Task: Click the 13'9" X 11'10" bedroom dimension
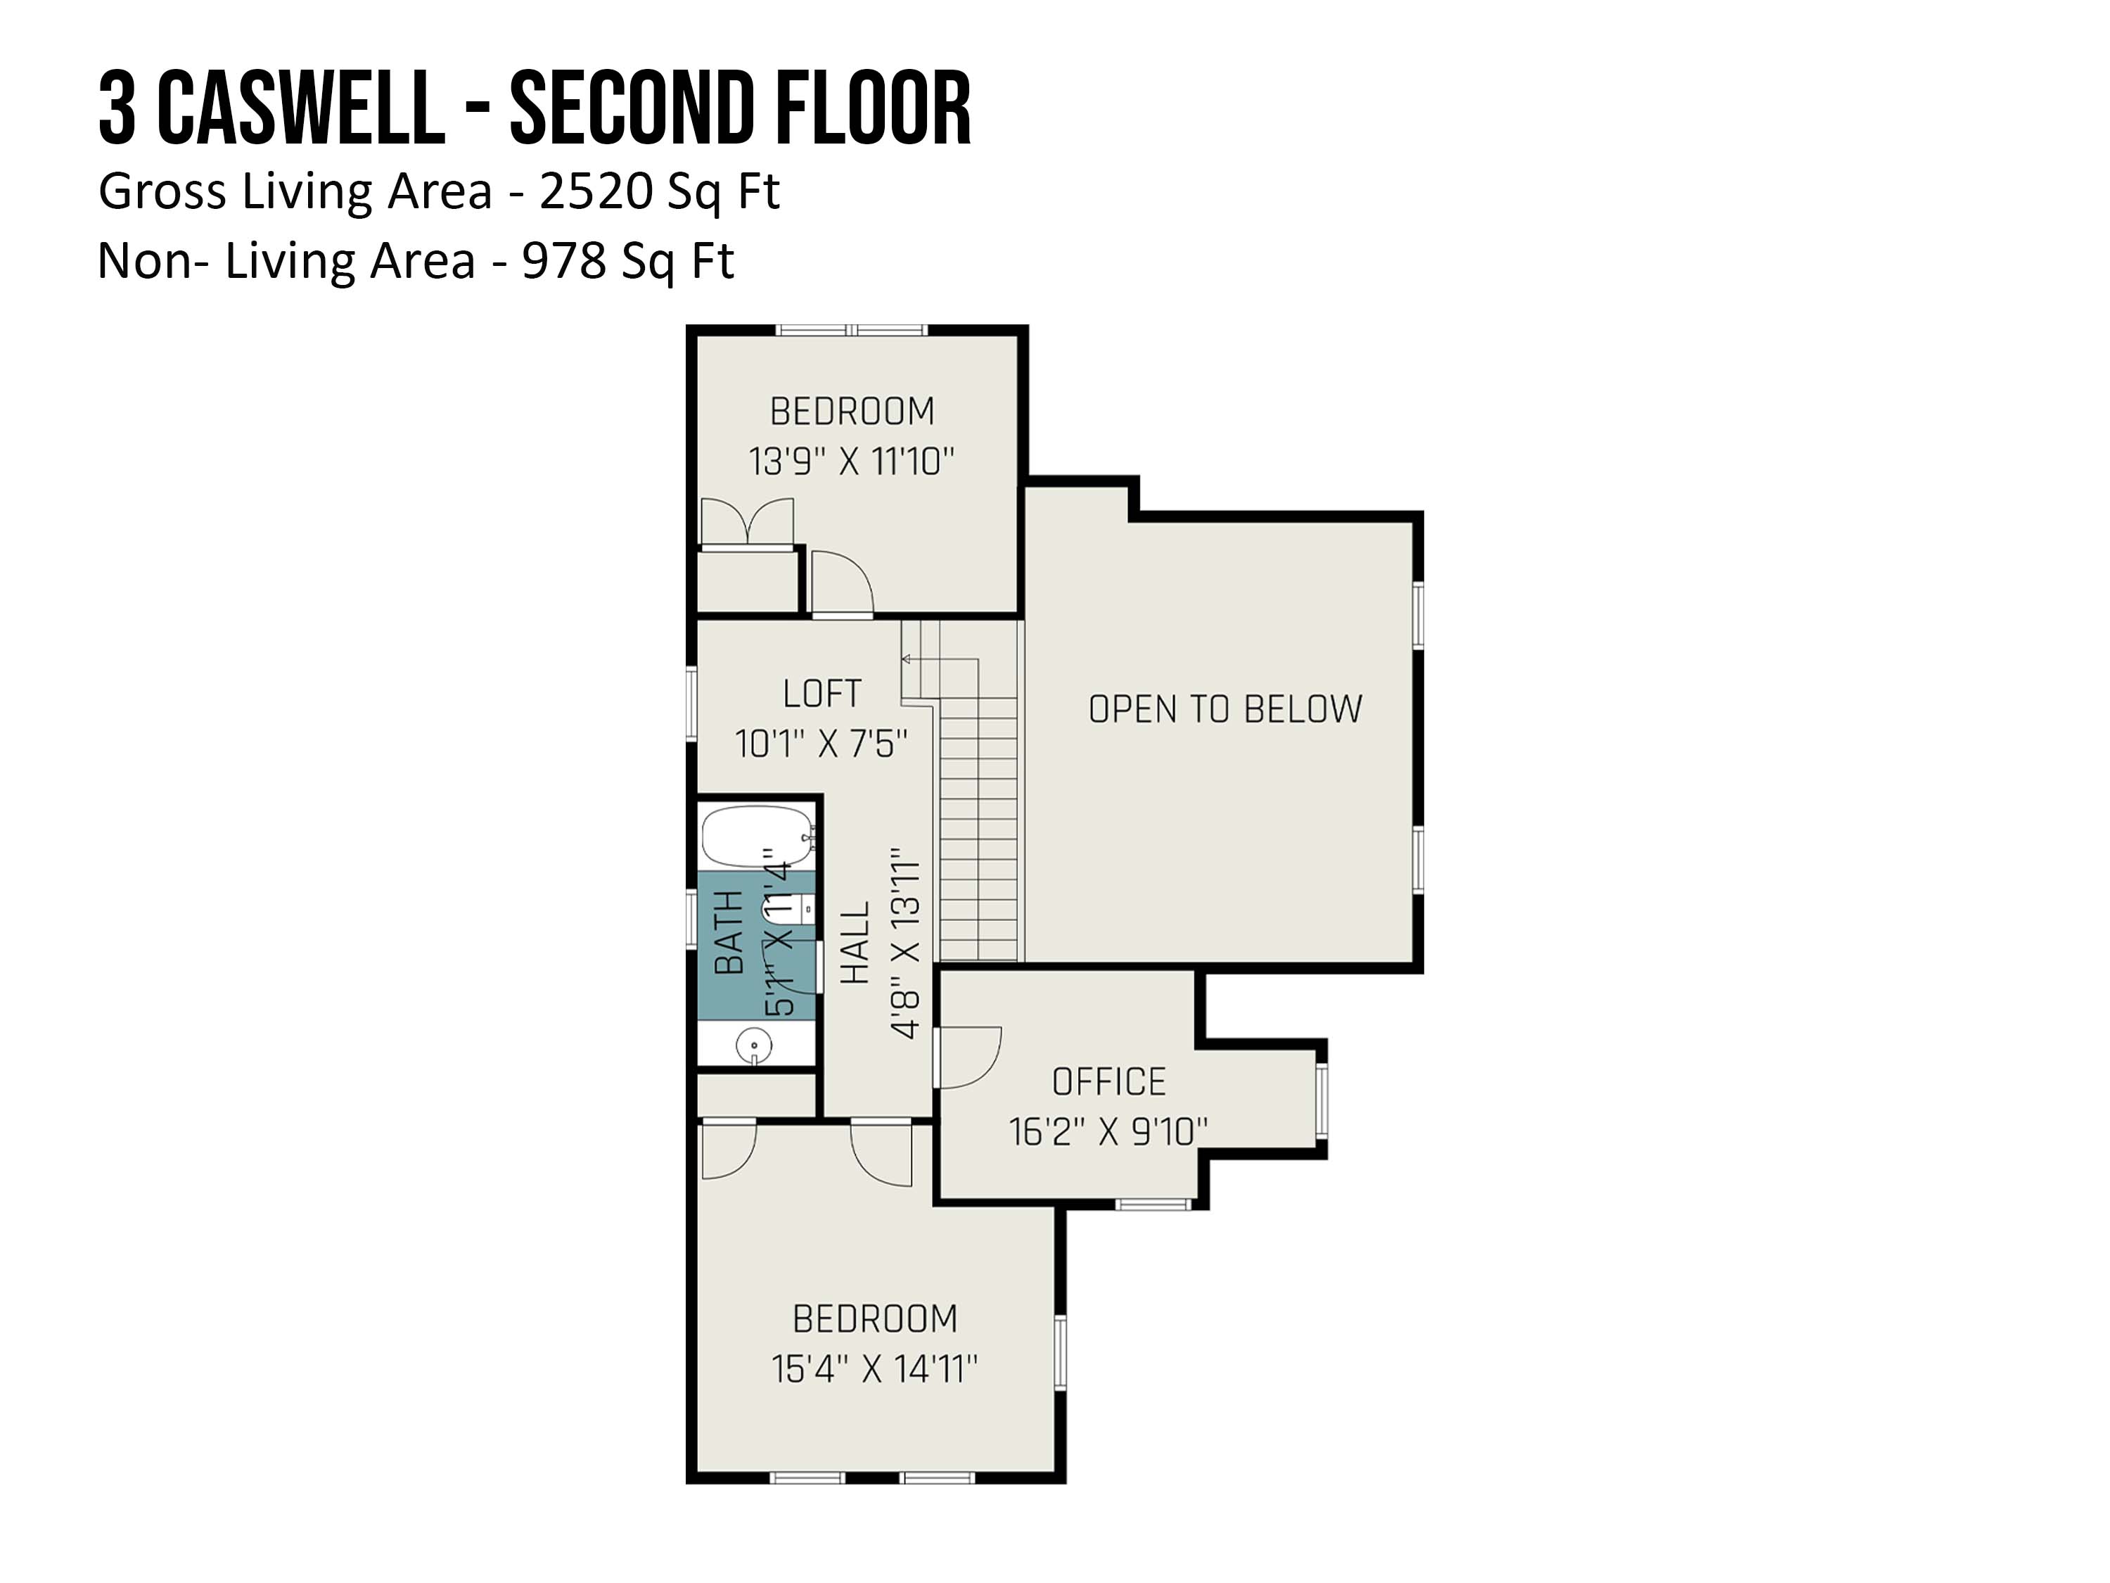[x=852, y=462]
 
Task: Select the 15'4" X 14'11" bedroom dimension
[x=875, y=1369]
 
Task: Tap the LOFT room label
[x=822, y=694]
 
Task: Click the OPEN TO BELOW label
[x=1226, y=709]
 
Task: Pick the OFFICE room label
[x=1108, y=1082]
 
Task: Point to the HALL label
[x=856, y=943]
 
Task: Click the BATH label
[x=729, y=932]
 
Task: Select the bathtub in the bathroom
[x=758, y=836]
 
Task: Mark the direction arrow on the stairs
[x=940, y=659]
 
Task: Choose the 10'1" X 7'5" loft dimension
[x=821, y=744]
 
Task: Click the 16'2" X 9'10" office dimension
[x=1108, y=1131]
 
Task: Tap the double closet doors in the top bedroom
[x=747, y=522]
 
